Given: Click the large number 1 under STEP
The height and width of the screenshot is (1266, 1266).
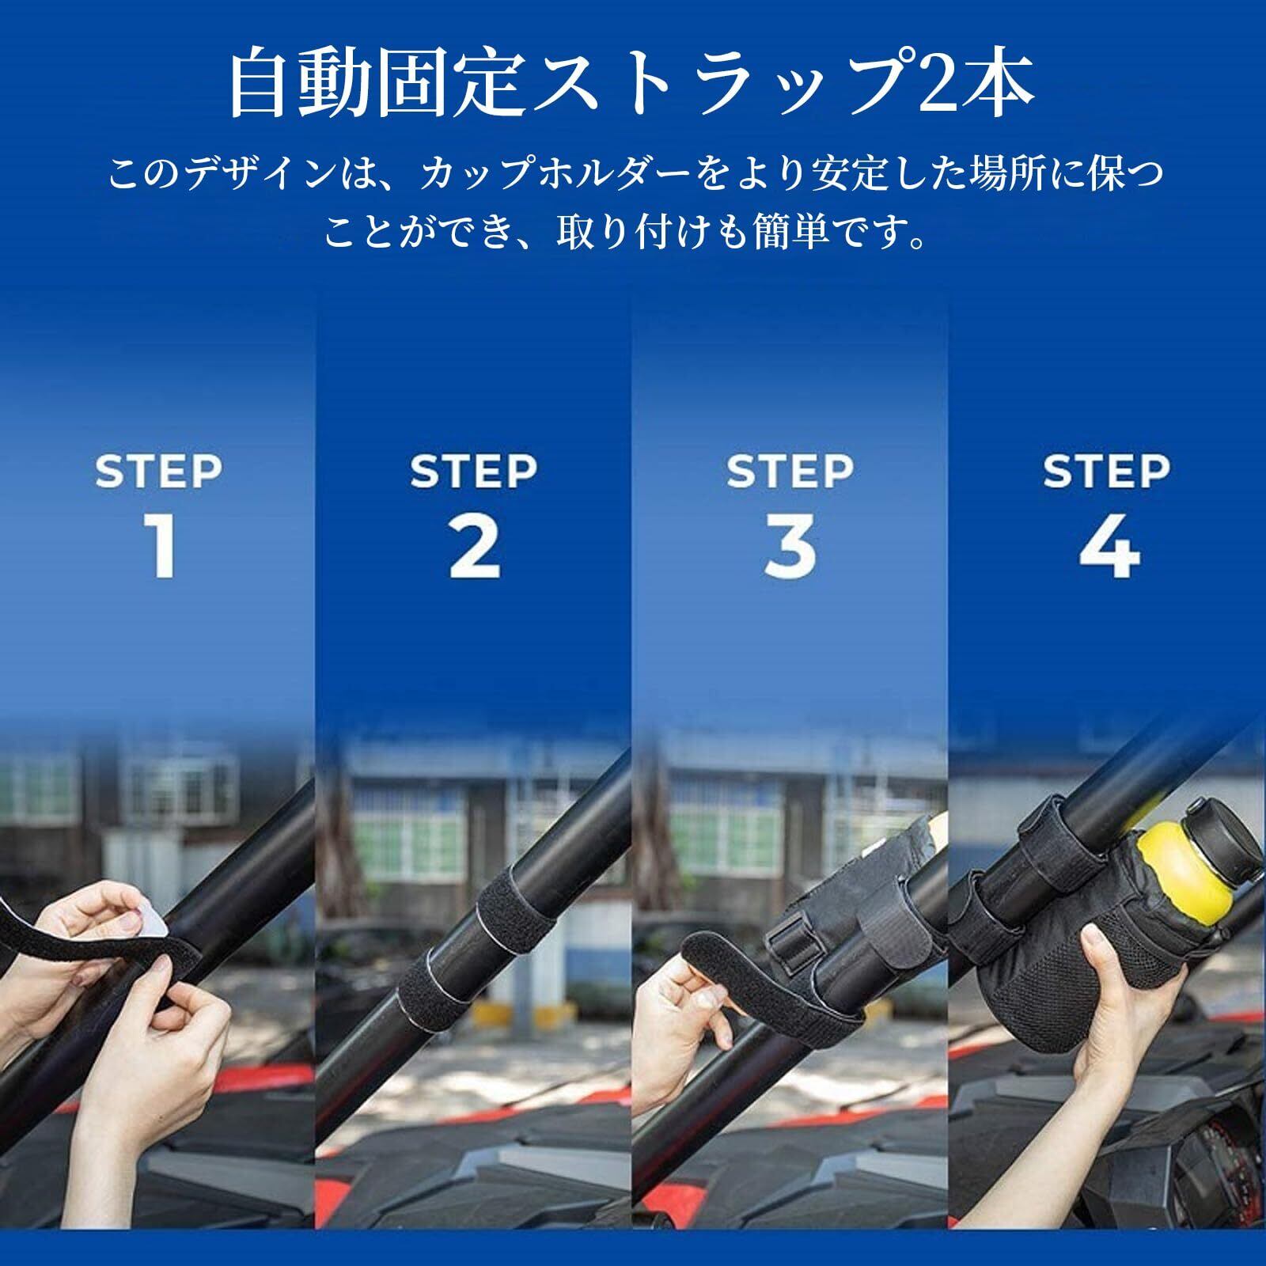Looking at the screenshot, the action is point(161,546).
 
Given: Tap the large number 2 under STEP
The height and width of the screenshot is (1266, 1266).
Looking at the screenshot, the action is point(475,546).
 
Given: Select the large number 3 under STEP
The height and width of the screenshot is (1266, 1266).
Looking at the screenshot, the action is point(790,546).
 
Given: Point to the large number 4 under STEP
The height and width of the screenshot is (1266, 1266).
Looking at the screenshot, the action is point(1109,546).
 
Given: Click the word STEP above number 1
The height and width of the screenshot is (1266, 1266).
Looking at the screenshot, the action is point(158,472).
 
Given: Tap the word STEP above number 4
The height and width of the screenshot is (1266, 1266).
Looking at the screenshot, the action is point(1106,472).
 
